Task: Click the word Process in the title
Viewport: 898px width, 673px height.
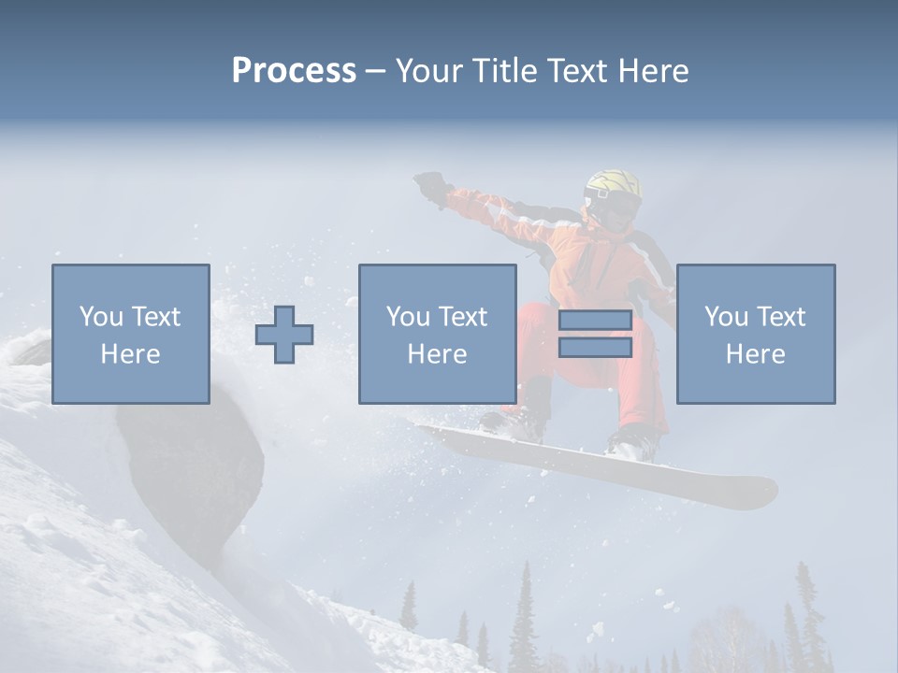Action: point(294,71)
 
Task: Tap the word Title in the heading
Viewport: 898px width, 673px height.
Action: point(504,71)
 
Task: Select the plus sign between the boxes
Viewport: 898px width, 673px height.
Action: point(284,335)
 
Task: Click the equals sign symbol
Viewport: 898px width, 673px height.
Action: point(595,334)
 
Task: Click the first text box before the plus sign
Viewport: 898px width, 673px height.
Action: point(131,335)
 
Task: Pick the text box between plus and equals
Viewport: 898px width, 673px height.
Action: point(437,335)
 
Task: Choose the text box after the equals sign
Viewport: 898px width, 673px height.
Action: point(755,335)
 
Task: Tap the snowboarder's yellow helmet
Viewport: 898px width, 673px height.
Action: point(613,184)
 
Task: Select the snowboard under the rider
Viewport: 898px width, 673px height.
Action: point(599,463)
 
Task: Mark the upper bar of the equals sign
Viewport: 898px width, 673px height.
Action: point(595,320)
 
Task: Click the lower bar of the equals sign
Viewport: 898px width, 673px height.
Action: point(595,348)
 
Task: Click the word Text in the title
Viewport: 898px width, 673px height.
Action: point(577,71)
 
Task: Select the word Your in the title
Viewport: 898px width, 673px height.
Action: point(428,71)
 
